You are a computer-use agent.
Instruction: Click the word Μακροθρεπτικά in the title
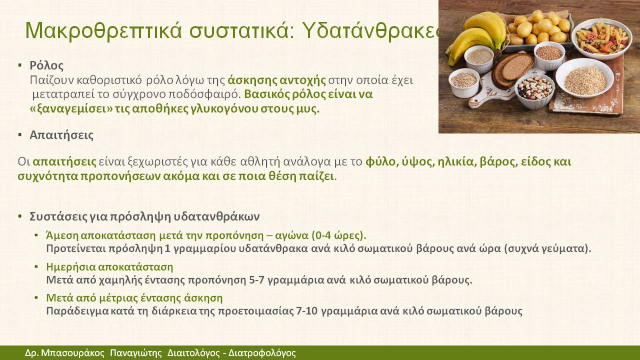(x=103, y=30)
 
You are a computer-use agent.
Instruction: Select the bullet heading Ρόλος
(x=46, y=65)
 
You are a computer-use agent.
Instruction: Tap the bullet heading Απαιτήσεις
(x=61, y=135)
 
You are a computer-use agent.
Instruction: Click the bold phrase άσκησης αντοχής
(x=276, y=80)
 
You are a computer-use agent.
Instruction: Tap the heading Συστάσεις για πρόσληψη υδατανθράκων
(x=144, y=216)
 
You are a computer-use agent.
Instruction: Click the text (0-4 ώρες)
(x=339, y=235)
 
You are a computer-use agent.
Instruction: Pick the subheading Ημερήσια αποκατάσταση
(x=109, y=267)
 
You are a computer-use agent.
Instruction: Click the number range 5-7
(x=256, y=279)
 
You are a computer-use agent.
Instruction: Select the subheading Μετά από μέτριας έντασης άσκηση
(x=134, y=298)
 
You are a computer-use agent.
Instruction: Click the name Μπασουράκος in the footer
(x=73, y=353)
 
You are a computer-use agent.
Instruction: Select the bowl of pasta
(x=601, y=38)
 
